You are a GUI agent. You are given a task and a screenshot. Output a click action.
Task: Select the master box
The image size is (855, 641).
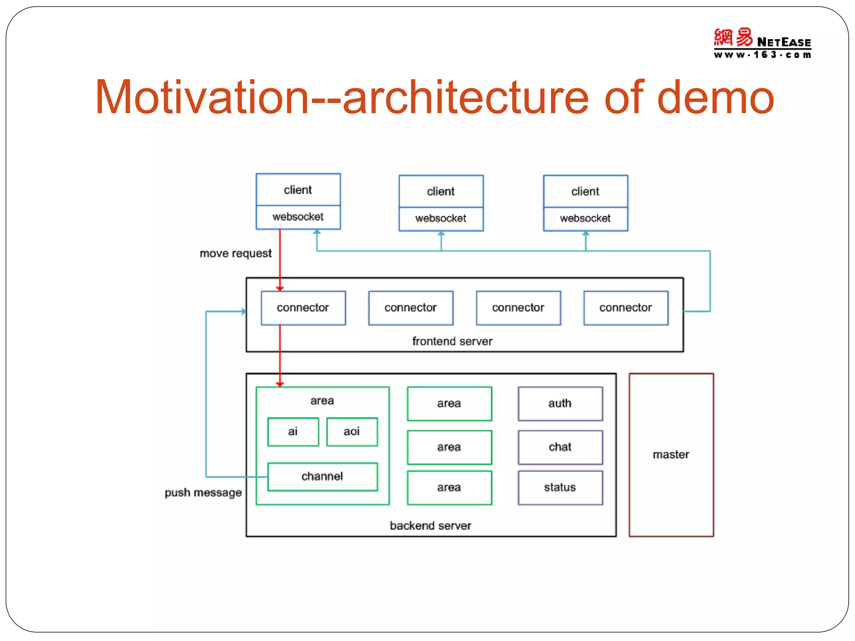click(671, 454)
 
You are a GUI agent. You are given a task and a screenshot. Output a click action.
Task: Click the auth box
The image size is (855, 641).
click(560, 404)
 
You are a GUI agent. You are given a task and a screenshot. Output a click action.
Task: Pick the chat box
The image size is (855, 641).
click(560, 447)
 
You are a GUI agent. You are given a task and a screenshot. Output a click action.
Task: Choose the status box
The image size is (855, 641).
click(560, 487)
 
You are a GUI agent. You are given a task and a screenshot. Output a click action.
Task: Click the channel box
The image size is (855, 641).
click(322, 476)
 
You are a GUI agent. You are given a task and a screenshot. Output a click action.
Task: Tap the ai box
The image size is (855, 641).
click(293, 432)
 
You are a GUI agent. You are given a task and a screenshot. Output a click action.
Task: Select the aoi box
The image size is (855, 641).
click(352, 432)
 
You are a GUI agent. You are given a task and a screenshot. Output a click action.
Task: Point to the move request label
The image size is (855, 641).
click(235, 253)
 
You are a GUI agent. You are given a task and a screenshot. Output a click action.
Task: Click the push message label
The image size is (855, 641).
click(203, 493)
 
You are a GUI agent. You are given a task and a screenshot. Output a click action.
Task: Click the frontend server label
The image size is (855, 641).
click(452, 341)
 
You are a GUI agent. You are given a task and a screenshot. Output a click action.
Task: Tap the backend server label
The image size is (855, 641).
click(430, 526)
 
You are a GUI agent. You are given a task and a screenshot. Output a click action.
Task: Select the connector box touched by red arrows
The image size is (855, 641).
click(303, 308)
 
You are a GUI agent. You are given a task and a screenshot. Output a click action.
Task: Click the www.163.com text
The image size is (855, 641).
click(762, 55)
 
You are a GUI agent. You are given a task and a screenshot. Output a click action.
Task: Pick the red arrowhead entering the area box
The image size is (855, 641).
click(280, 384)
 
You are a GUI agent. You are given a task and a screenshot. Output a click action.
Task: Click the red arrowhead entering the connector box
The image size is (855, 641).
click(280, 288)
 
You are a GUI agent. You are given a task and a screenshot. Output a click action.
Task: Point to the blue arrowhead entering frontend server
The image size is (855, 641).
click(243, 311)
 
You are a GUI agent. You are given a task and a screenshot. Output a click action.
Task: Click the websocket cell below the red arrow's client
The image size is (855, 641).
click(298, 217)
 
